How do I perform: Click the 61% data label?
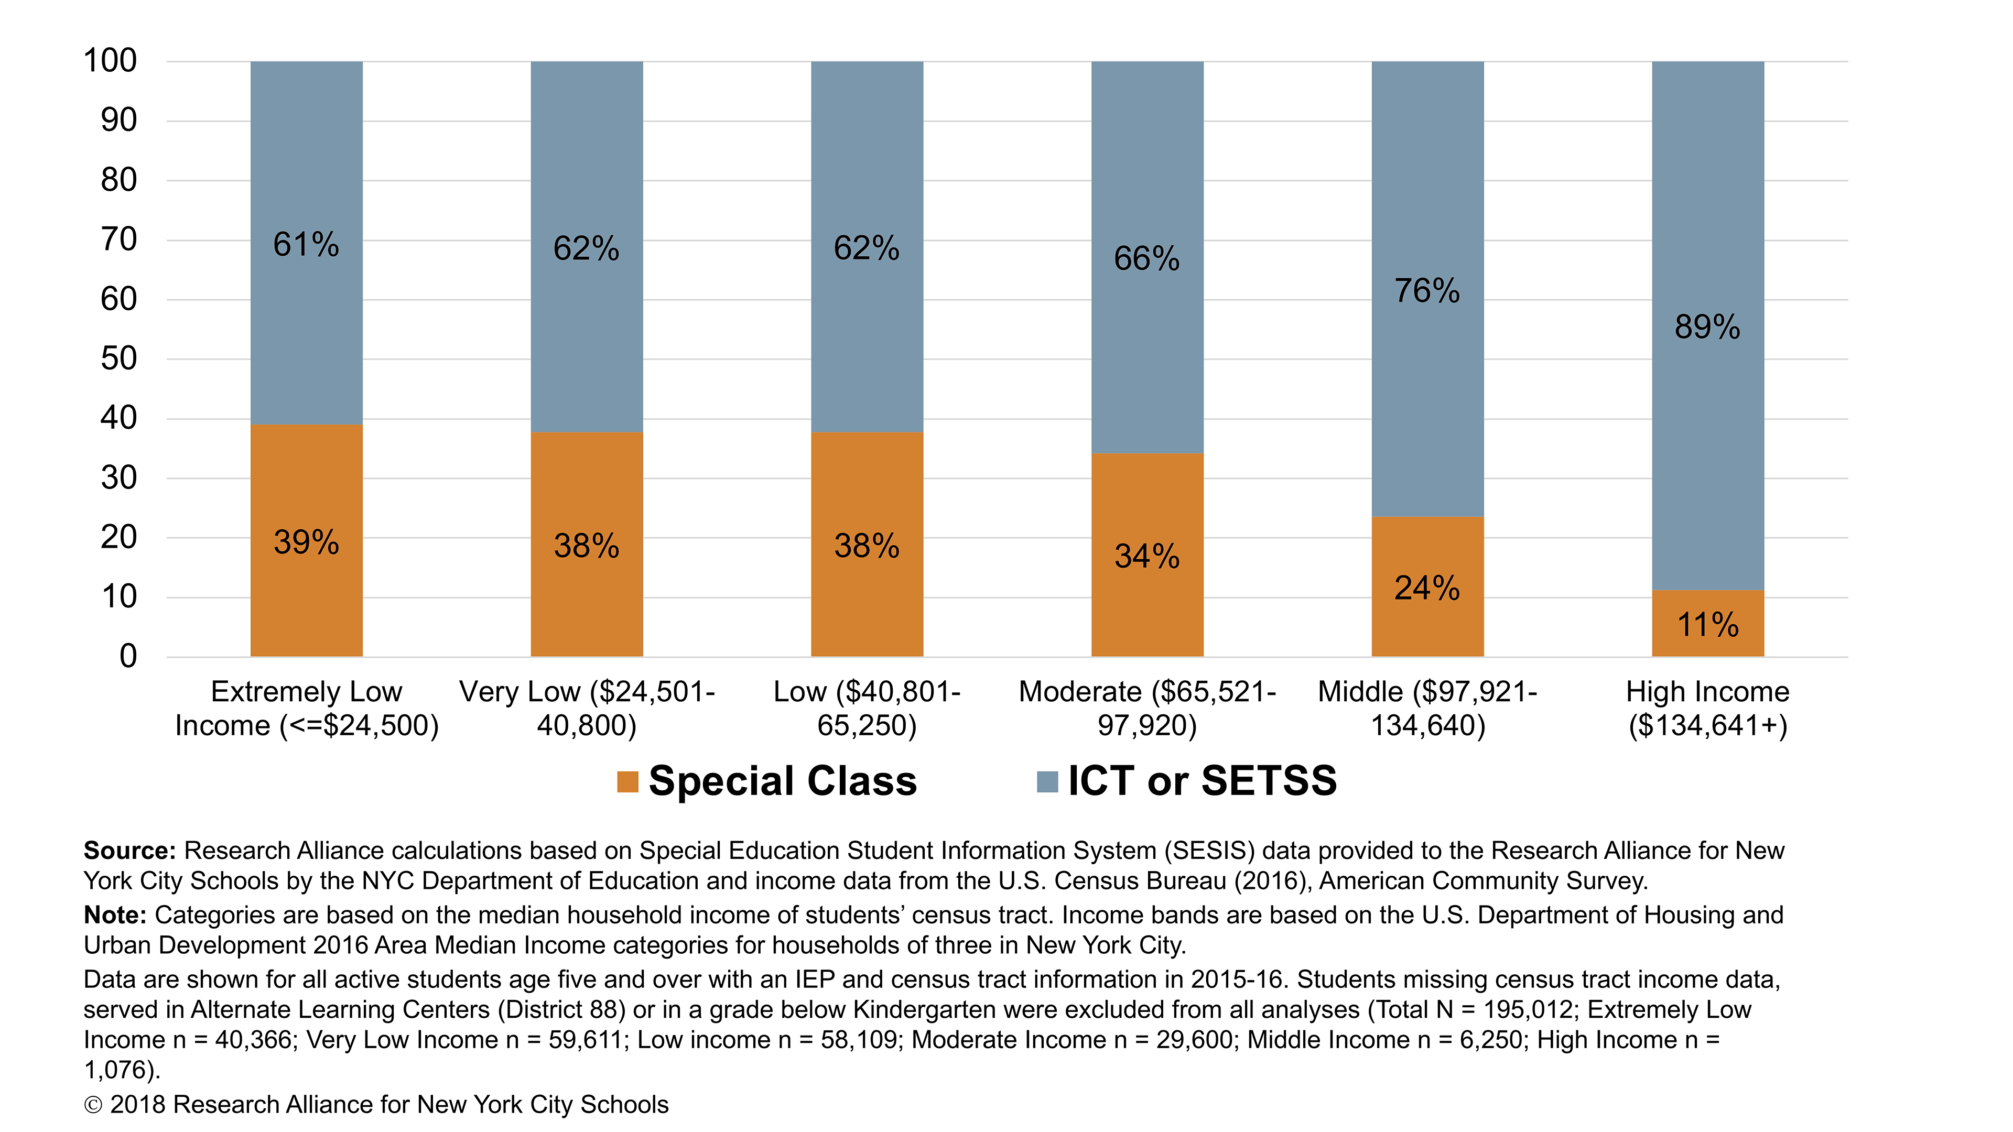click(306, 245)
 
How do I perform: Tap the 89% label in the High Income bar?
click(1707, 326)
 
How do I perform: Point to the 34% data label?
click(1146, 556)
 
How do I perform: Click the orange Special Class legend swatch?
click(627, 781)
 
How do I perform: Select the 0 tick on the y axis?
click(127, 656)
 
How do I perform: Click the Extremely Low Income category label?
click(306, 709)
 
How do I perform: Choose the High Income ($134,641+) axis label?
click(1707, 709)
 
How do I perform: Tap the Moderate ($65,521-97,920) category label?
click(1146, 709)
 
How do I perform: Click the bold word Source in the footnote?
click(129, 850)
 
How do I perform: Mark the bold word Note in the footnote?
click(115, 915)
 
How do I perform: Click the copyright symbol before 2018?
click(93, 1105)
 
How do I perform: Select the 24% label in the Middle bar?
click(1427, 588)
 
